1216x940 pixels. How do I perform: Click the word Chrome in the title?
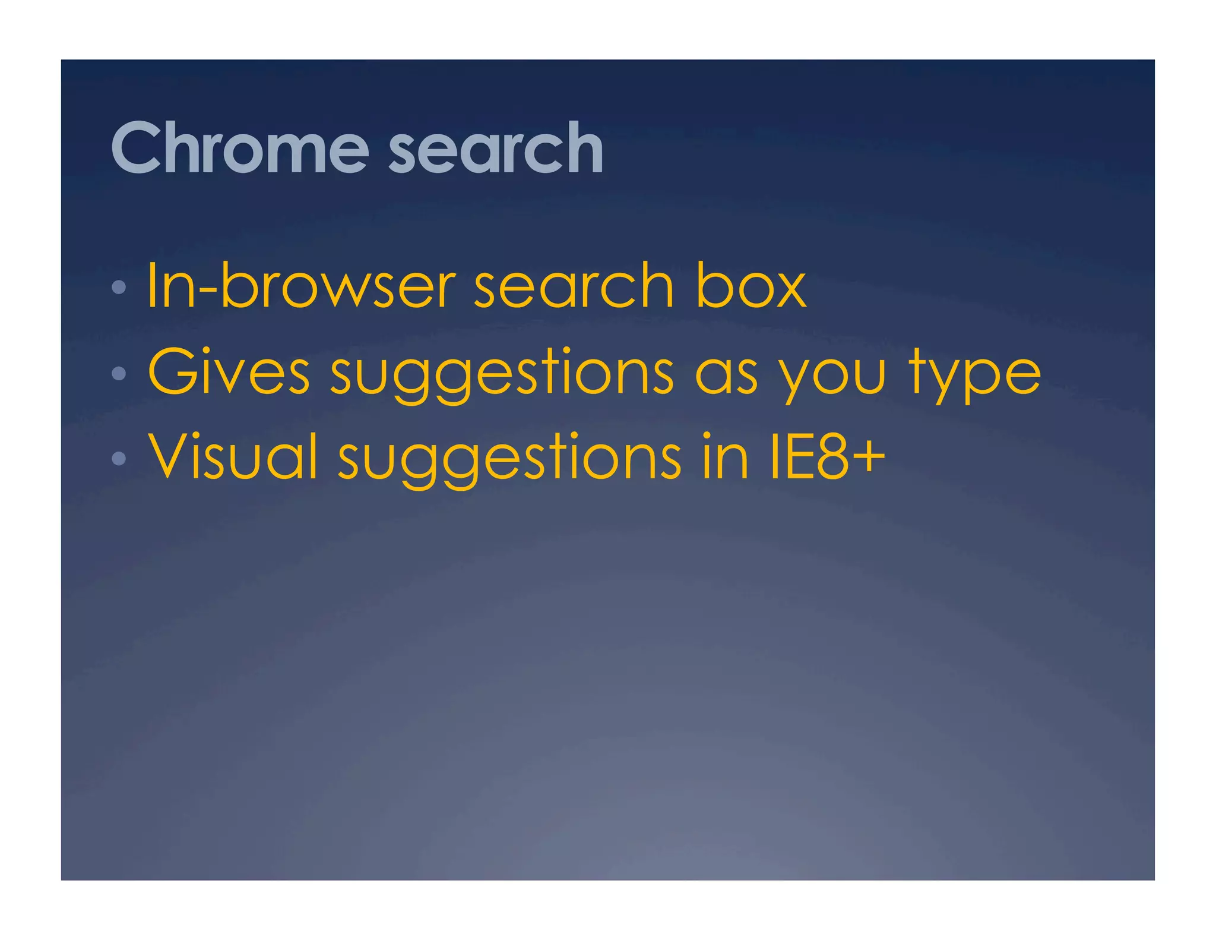[x=240, y=148]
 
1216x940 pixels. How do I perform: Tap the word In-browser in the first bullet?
[x=301, y=286]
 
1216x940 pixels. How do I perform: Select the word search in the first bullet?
[x=574, y=286]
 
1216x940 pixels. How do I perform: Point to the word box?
[x=750, y=286]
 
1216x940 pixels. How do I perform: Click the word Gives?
[x=229, y=373]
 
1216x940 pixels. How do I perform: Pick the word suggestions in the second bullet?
[x=502, y=374]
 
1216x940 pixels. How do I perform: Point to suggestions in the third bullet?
[x=510, y=459]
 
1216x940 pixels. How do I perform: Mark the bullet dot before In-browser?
[x=119, y=288]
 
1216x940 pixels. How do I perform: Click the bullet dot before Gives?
[x=119, y=373]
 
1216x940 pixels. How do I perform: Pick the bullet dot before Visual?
[x=119, y=458]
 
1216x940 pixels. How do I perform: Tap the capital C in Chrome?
[x=136, y=148]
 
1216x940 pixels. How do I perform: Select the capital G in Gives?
[x=172, y=373]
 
